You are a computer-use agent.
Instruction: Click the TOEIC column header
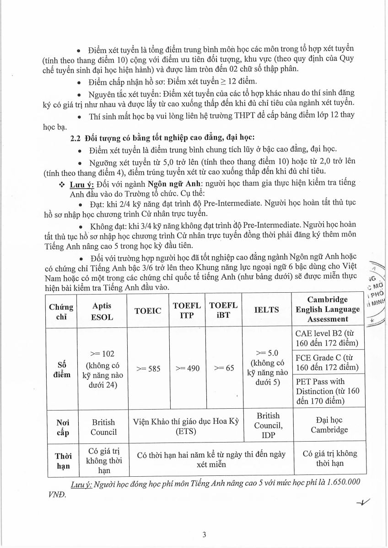click(x=148, y=311)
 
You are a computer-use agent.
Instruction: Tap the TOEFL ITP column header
click(x=187, y=310)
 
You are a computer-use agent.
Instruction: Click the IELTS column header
click(x=266, y=310)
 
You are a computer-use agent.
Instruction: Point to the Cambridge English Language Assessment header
click(x=328, y=310)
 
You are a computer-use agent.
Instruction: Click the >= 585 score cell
click(x=148, y=368)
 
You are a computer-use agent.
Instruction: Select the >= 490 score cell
click(x=187, y=368)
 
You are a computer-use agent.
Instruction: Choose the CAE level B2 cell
click(x=328, y=338)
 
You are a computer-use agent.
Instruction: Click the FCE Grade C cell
click(x=328, y=362)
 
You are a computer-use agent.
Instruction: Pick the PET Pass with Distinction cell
click(x=328, y=391)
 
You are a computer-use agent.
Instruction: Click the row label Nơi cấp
click(x=63, y=427)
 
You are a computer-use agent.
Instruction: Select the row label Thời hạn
click(x=63, y=460)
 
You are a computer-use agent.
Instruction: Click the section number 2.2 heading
click(x=76, y=137)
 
